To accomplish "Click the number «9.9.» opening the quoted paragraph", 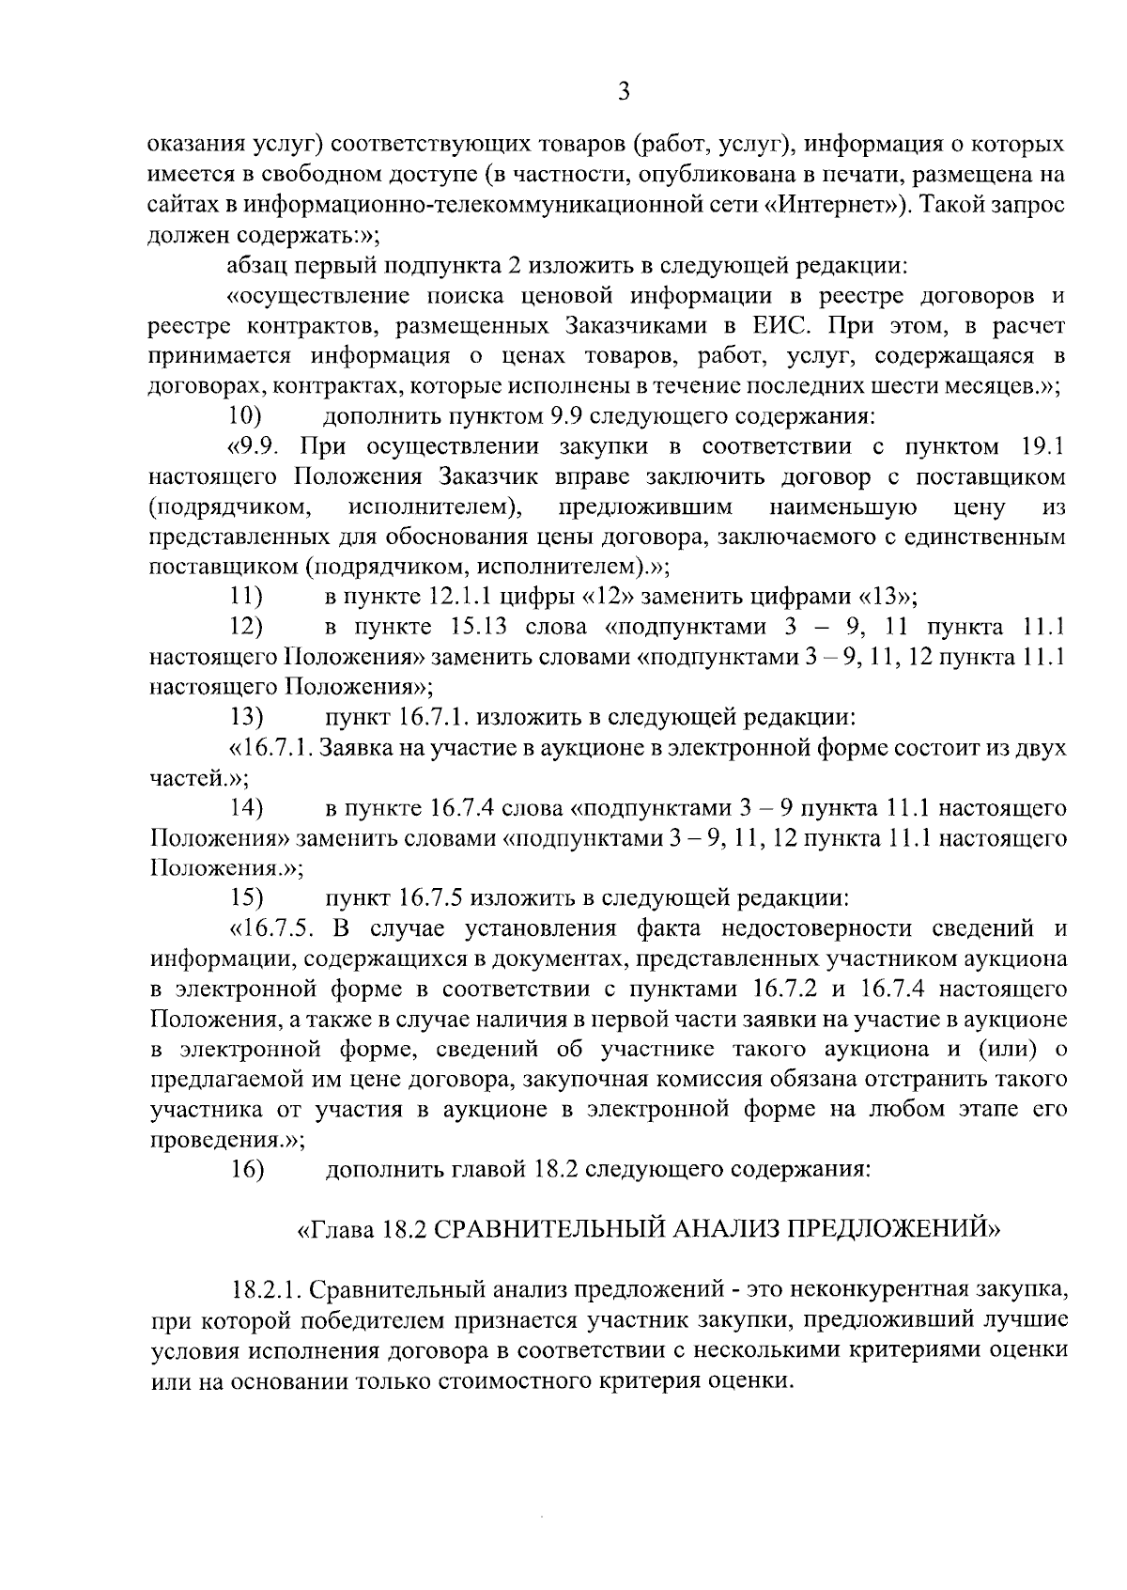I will point(255,446).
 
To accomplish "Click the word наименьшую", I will point(842,507).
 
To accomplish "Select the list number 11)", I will point(245,597).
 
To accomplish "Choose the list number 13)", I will point(245,718).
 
